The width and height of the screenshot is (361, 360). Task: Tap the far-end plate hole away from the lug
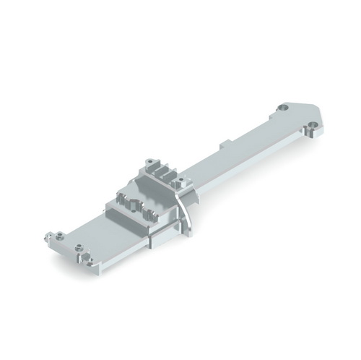pyautogui.click(x=283, y=108)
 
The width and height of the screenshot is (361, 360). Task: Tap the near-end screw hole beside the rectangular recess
pyautogui.click(x=86, y=257)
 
